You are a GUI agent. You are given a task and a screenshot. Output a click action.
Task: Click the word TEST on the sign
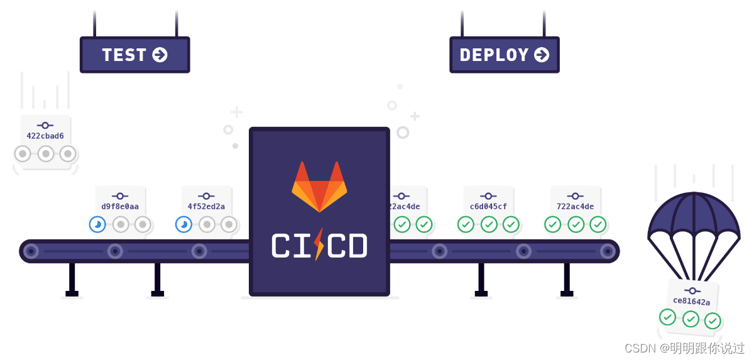[124, 55]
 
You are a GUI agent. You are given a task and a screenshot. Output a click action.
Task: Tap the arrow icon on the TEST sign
[160, 55]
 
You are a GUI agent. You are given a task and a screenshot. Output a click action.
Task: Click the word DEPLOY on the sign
[494, 55]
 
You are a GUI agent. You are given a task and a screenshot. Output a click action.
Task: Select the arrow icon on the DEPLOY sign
[542, 55]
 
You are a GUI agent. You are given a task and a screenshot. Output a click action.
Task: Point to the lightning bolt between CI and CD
[319, 244]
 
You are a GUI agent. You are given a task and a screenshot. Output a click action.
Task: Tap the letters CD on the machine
[347, 246]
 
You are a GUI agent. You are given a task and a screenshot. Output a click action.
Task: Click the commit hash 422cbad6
[45, 136]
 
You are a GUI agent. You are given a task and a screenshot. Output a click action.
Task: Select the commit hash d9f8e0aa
[120, 206]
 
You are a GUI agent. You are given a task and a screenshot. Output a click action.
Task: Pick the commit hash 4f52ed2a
[206, 206]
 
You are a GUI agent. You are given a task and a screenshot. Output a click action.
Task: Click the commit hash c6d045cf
[488, 206]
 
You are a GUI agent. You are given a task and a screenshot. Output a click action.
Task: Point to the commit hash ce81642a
[691, 301]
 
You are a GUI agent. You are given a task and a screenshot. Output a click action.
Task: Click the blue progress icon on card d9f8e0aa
[97, 224]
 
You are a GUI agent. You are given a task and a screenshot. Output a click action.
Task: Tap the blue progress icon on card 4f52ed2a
[183, 224]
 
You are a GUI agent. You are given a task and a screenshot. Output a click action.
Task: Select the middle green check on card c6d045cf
[489, 224]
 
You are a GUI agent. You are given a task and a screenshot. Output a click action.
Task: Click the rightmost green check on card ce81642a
[713, 320]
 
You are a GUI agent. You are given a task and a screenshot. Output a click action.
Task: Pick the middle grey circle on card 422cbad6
[46, 154]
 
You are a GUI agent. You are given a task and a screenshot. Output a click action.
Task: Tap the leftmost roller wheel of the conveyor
[31, 251]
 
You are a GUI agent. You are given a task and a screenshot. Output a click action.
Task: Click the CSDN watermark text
[684, 348]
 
